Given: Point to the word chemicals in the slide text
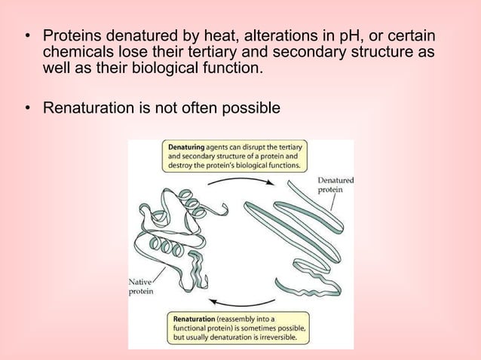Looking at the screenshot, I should [75, 53].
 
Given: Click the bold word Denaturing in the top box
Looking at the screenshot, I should [188, 147].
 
